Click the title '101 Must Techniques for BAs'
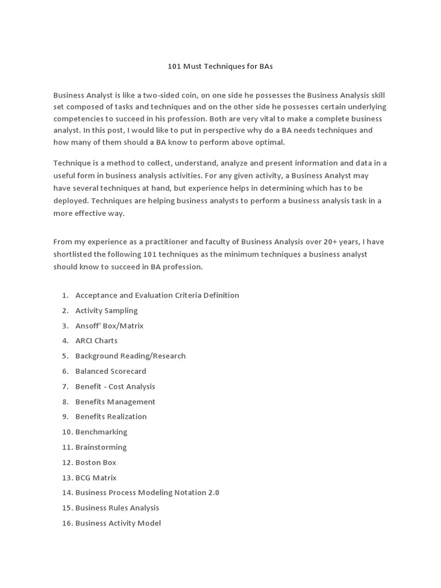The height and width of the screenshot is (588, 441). [x=220, y=66]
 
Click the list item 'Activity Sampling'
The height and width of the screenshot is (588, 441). [x=106, y=311]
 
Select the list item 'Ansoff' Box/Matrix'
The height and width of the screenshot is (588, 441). [x=109, y=326]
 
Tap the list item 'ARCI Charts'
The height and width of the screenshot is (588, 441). [x=96, y=341]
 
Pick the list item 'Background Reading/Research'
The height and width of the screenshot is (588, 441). [x=130, y=356]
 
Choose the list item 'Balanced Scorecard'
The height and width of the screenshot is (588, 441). [x=110, y=371]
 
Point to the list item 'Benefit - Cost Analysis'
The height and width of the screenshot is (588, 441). [x=115, y=386]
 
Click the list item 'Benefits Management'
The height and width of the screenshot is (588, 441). [x=115, y=401]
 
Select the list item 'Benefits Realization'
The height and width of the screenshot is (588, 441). [x=111, y=416]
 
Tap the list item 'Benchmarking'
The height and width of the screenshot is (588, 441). [x=101, y=432]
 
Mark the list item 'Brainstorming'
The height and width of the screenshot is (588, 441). [x=101, y=447]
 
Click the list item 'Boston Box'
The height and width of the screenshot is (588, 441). [x=95, y=462]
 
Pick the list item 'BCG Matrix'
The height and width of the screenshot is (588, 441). [x=95, y=477]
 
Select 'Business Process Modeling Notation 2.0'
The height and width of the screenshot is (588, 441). [x=147, y=492]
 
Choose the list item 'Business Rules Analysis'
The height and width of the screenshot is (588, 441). [x=117, y=508]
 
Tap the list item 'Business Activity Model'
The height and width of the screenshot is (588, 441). [x=118, y=523]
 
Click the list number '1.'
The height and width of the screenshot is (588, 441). [x=65, y=295]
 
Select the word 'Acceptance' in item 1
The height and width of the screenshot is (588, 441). [x=96, y=295]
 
